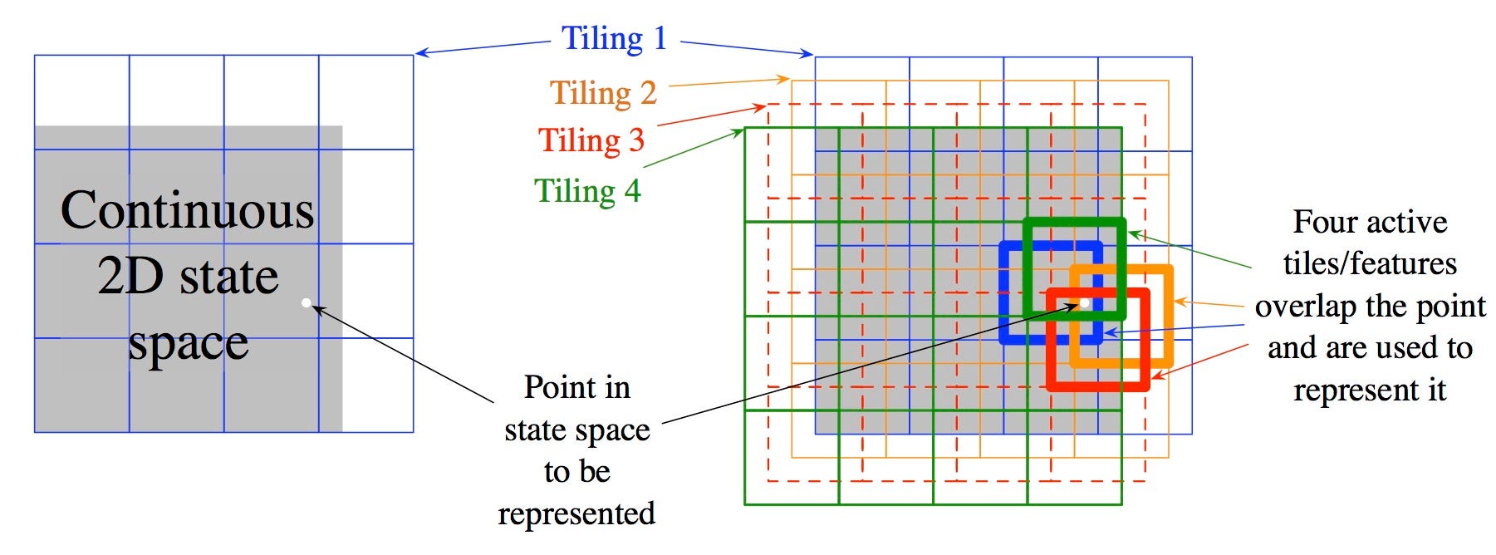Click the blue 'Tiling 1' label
614,39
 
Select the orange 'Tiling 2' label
603,93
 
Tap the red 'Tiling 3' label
591,140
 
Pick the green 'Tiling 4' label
587,191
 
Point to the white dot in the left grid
307,302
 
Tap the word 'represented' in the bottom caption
576,513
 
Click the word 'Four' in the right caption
1327,222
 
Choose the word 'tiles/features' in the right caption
1370,264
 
